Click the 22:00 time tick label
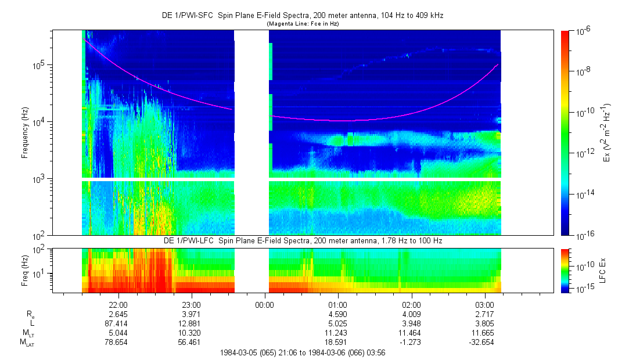click(118, 304)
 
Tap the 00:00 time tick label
click(265, 304)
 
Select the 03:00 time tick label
click(484, 304)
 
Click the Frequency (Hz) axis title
click(26, 132)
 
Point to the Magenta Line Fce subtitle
click(303, 24)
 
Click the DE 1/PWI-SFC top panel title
click(303, 16)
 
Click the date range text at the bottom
click(301, 352)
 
